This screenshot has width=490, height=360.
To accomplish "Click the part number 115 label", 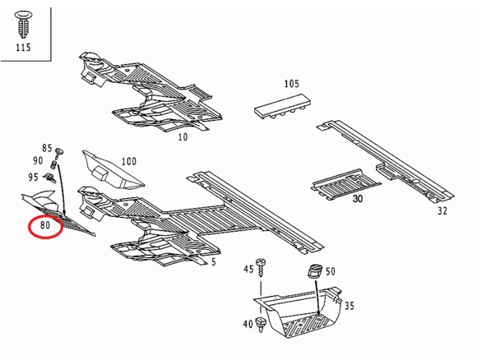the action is [x=24, y=48].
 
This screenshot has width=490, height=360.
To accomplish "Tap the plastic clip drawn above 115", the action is [x=24, y=25].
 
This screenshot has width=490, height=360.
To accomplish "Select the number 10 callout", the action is [x=183, y=137].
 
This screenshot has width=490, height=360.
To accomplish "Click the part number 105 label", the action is [x=291, y=84].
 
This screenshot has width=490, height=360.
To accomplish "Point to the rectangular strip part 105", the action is [x=283, y=106].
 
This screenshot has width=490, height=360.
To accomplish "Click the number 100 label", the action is [x=129, y=161].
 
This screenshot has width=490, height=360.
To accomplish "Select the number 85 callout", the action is [x=47, y=148].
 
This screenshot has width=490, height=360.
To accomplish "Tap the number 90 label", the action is [x=38, y=160].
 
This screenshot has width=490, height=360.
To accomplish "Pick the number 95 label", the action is [x=33, y=178].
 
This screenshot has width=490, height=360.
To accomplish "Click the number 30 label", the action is [x=358, y=199].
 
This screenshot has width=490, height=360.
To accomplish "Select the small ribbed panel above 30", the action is [x=345, y=184].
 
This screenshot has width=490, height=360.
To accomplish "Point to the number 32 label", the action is [x=442, y=211].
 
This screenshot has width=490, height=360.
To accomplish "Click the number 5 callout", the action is [x=214, y=262].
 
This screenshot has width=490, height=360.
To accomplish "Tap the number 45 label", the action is [x=248, y=269].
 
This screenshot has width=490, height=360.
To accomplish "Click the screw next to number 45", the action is [x=261, y=267].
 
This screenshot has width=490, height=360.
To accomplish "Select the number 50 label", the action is [x=331, y=271].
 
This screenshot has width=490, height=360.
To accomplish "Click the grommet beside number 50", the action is [x=315, y=271].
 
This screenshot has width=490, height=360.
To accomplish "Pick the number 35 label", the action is [x=349, y=306].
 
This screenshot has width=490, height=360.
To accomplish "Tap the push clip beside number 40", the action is [x=260, y=325].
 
